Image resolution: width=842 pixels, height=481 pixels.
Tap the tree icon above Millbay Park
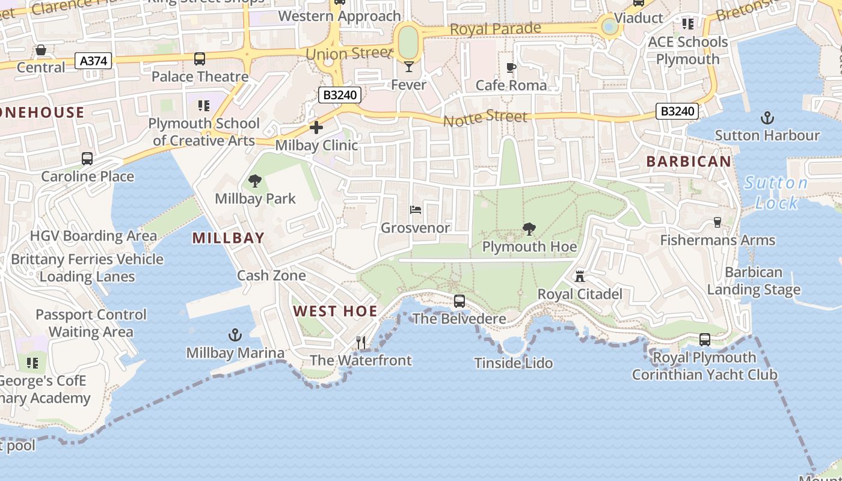pos(255,180)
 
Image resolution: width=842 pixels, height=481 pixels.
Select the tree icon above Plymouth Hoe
pos(529,228)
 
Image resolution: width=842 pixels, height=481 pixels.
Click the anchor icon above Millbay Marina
pos(235,335)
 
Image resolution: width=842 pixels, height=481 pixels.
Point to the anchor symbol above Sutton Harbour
pos(767,117)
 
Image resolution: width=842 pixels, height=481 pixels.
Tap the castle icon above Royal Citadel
pos(580,276)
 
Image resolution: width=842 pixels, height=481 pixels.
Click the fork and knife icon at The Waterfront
pos(361,342)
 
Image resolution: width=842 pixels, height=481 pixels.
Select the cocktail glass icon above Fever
pos(409,66)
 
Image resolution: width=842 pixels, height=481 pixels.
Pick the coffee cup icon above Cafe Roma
pos(511,67)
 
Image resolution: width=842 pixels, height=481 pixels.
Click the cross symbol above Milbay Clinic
pos(316,127)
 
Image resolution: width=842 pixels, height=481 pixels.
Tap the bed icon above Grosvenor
pos(416,210)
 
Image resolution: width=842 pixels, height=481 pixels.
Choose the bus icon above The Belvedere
pos(459,301)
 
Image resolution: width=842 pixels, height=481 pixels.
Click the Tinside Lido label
pos(513,363)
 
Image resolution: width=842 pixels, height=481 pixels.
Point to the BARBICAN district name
pos(689,161)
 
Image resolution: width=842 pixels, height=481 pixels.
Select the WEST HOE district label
pos(335,311)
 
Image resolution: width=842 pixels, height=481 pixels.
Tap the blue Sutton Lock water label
pos(776,192)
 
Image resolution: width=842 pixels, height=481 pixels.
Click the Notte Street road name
pos(485,118)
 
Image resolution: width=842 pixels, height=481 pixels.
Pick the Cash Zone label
pos(271,275)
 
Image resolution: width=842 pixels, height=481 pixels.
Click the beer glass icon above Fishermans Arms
pos(717,222)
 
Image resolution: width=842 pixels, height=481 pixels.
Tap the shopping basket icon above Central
pos(41,49)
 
